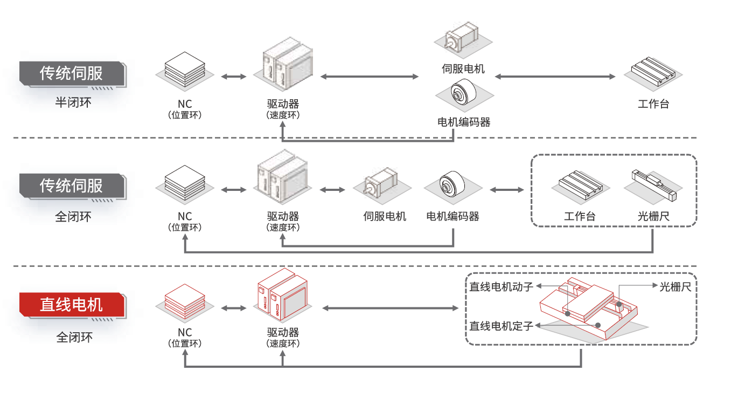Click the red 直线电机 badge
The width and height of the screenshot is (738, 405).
coord(72,305)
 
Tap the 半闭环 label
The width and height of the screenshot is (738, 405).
coord(73,102)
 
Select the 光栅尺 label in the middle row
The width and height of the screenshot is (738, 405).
coord(653,217)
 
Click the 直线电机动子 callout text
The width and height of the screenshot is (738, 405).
coord(501,286)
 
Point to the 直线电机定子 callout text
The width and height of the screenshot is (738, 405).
coord(501,326)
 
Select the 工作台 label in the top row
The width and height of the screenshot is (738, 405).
coord(653,104)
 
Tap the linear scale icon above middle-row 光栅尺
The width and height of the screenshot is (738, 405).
coord(653,182)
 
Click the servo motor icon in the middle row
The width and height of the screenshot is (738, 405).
coord(381,184)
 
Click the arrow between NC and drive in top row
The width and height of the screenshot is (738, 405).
coord(233,77)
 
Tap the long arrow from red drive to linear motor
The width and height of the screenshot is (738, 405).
coord(390,308)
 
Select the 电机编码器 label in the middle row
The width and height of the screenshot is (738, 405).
coord(452,217)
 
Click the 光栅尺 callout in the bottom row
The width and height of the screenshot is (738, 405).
coord(675,286)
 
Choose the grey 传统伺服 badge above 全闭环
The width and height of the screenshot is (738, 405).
coord(72,186)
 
